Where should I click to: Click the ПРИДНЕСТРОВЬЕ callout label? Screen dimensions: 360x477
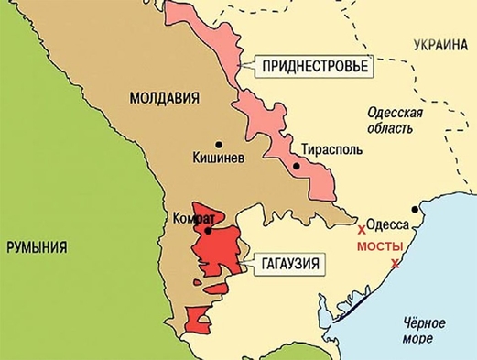(x=313, y=68)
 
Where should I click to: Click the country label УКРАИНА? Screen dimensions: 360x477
(x=439, y=43)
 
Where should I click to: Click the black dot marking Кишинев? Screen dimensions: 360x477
(x=218, y=144)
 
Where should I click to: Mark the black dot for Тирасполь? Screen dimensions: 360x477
(x=298, y=166)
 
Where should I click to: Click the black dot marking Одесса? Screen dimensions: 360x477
(x=416, y=209)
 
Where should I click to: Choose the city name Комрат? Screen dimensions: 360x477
(x=193, y=219)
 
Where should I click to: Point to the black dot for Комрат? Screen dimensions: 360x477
(x=209, y=231)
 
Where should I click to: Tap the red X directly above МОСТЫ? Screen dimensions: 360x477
(x=362, y=227)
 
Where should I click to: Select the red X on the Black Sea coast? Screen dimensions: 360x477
(x=395, y=265)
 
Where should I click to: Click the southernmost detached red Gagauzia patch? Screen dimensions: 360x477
(x=196, y=320)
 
